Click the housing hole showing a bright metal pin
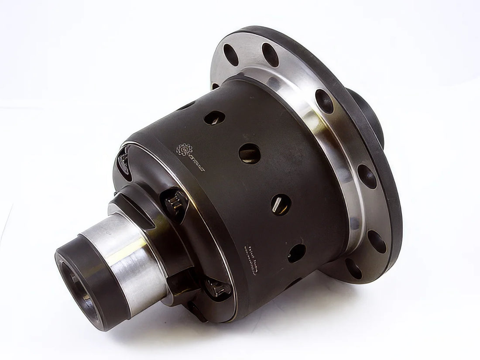(x=281, y=203)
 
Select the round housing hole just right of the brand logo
(x=250, y=153)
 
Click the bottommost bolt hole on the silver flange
(x=354, y=269)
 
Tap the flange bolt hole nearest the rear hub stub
(x=325, y=102)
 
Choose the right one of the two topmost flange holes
(x=270, y=55)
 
